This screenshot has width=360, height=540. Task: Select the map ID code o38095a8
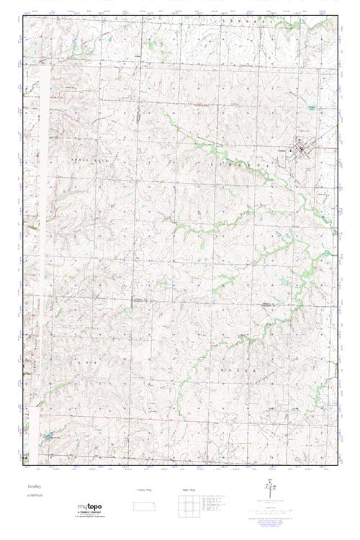click(x=37, y=497)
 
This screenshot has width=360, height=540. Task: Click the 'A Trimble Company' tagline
click(x=89, y=514)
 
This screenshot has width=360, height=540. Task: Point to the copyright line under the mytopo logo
click(x=89, y=518)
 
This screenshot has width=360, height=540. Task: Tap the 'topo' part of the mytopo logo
click(x=94, y=508)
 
